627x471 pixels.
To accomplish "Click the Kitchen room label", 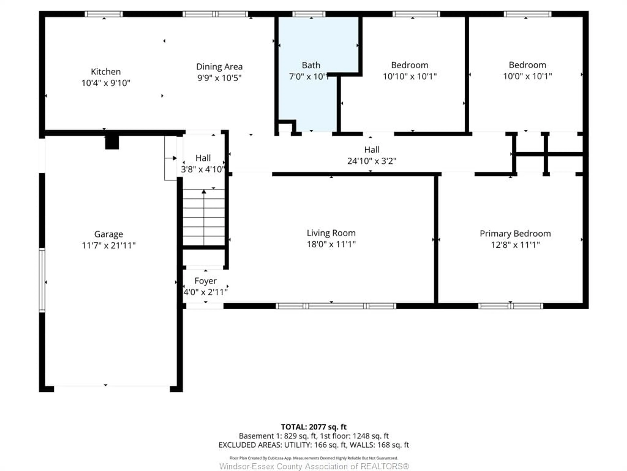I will pos(106,71).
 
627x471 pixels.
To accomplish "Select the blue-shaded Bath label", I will pos(311,65).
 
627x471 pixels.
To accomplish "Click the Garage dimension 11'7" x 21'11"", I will pos(109,245).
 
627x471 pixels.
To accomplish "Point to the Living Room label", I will pos(331,233).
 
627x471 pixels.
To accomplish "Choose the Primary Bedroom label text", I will pos(515,234).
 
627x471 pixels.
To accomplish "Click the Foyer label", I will pos(206,281).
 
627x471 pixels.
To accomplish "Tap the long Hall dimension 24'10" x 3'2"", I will pos(372,161).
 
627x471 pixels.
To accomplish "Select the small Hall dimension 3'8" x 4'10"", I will pos(203,169).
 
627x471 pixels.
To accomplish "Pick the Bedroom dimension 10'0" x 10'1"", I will pos(527,76).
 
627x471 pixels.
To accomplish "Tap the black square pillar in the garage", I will pos(112,142).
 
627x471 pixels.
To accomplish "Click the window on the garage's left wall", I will pos(42,280).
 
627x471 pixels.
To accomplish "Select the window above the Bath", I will pos(309,14).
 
